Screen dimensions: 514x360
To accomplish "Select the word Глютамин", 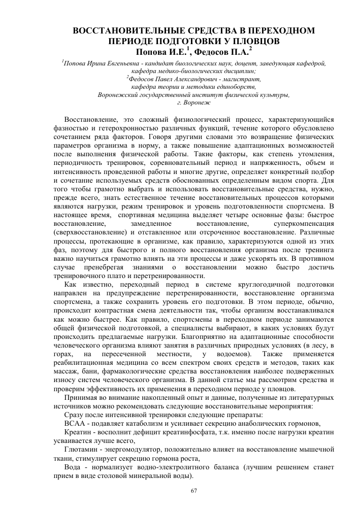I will click(82, 449).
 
